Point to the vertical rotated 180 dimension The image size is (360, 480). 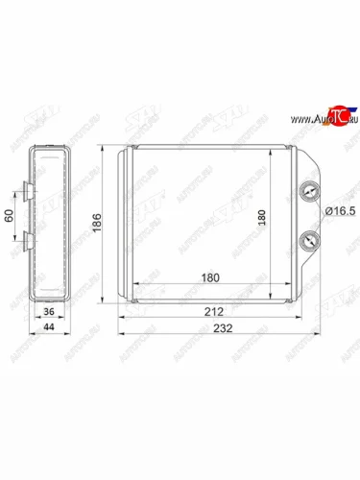coord(261,218)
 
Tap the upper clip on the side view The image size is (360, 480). coord(26,193)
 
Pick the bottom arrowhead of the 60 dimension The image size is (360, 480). coord(14,247)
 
